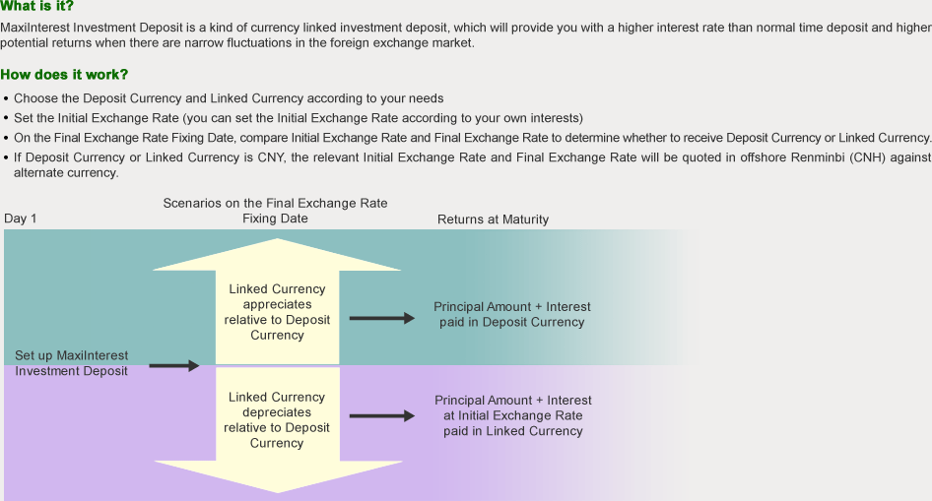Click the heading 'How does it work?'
click(64, 75)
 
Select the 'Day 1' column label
click(21, 219)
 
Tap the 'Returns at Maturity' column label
click(493, 219)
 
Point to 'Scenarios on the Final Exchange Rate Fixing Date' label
click(275, 211)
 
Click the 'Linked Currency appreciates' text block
click(277, 312)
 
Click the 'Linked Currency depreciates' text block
click(277, 420)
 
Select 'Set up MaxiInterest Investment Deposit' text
click(72, 363)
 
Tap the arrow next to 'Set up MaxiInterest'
click(173, 366)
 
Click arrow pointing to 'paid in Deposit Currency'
click(382, 318)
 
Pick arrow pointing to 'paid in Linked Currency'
click(382, 416)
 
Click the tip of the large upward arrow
click(277, 242)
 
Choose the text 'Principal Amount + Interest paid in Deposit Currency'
click(512, 315)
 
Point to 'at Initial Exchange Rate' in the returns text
click(512, 415)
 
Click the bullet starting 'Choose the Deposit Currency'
click(229, 98)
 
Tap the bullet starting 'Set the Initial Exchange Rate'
click(298, 117)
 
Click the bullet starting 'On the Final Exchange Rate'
click(472, 138)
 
